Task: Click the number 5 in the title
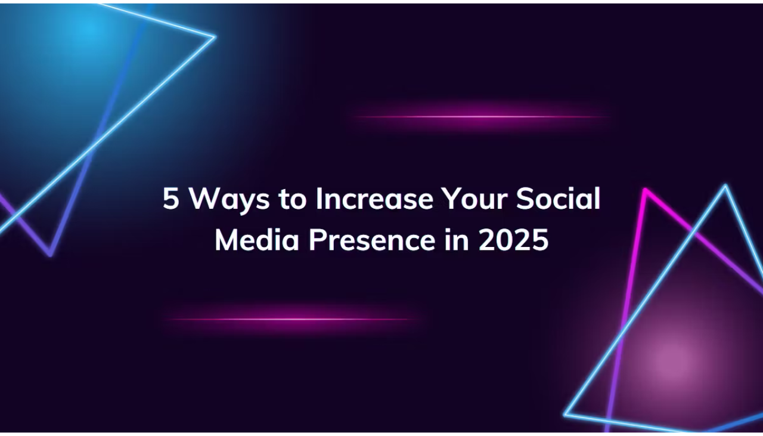point(170,198)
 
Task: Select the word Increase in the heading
point(375,198)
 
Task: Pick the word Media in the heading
point(257,239)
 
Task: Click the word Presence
point(372,239)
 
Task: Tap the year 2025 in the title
point(514,239)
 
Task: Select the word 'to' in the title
point(292,199)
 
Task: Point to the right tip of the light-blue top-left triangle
point(215,36)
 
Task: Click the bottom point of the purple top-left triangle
point(50,255)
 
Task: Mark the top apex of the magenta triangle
point(645,189)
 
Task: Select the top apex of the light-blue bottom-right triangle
point(725,185)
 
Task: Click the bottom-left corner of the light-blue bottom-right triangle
point(565,415)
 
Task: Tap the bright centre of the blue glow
point(89,30)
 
